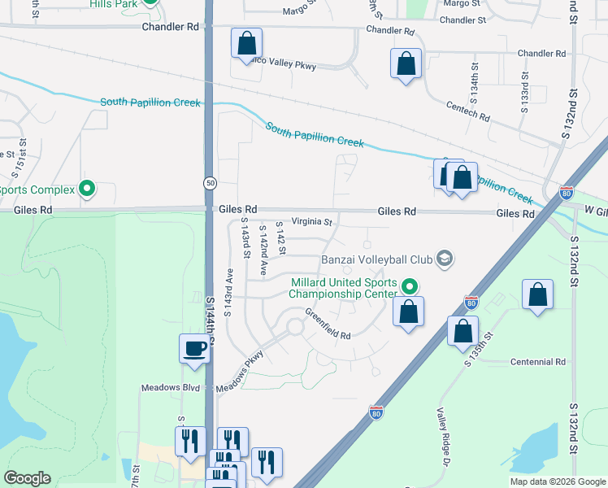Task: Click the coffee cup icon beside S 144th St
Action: (195, 348)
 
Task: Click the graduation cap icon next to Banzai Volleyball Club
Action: (445, 259)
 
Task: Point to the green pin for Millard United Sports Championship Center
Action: (410, 286)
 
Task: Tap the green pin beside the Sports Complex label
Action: (87, 190)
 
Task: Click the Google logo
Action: (27, 478)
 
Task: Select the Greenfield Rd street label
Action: (328, 324)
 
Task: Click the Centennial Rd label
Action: (537, 362)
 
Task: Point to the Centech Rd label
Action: (467, 111)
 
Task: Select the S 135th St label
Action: (480, 348)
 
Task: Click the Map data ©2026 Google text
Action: (557, 481)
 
